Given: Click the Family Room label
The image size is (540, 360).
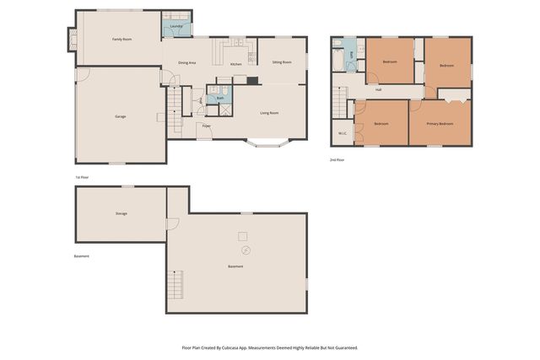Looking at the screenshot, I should tap(122, 40).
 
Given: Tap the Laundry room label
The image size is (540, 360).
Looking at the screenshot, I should tap(176, 27).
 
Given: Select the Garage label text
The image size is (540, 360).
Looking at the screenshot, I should tap(121, 116).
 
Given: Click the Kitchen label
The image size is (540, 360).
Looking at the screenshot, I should tap(236, 64).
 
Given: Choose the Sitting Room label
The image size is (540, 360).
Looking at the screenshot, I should tap(281, 62).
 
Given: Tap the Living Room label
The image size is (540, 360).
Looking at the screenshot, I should tap(269, 113).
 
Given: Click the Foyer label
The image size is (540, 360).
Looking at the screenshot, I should tap(205, 127).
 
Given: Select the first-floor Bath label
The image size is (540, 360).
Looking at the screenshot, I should tap(219, 98).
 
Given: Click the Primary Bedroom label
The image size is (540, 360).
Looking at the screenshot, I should tap(440, 124).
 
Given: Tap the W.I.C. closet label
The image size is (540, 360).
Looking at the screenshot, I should tap(343, 132).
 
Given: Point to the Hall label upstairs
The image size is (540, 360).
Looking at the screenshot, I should tap(379, 89).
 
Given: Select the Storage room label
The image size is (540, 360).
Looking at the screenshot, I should tap(121, 213).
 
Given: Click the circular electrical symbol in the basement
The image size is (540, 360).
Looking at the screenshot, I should tap(246, 250).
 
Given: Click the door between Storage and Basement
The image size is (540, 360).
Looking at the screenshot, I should tap(171, 223).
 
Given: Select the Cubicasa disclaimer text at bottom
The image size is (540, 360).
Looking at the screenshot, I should tap(270, 347).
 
